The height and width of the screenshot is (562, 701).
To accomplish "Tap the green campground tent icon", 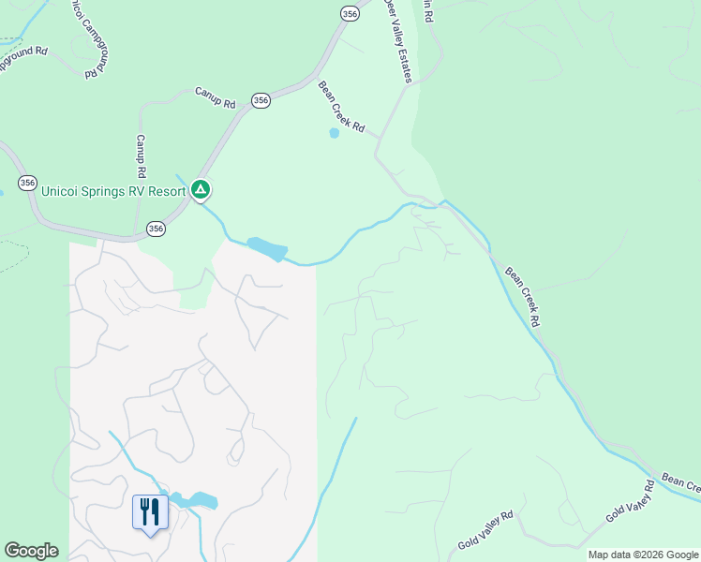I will pyautogui.click(x=200, y=190).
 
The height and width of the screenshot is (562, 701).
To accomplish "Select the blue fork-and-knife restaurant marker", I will pyautogui.click(x=150, y=512).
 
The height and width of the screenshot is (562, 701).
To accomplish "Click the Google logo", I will pyautogui.click(x=31, y=551).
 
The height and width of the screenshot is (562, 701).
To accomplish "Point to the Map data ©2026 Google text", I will pyautogui.click(x=644, y=555).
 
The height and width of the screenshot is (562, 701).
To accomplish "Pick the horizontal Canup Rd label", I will pyautogui.click(x=215, y=96).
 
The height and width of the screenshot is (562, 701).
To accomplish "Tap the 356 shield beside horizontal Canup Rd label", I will pyautogui.click(x=261, y=100).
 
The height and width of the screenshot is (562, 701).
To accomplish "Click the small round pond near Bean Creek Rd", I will pyautogui.click(x=334, y=133).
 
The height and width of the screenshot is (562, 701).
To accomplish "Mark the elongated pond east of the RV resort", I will pyautogui.click(x=267, y=249).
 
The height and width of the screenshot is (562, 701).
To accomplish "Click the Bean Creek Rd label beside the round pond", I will pyautogui.click(x=340, y=108).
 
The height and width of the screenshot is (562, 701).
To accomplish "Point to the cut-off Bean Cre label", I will pyautogui.click(x=681, y=482).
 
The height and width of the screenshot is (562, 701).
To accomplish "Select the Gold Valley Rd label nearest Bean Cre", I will pyautogui.click(x=630, y=502).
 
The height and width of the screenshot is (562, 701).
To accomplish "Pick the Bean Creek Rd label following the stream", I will pyautogui.click(x=523, y=297).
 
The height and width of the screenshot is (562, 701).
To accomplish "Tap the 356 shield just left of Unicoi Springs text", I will pyautogui.click(x=27, y=184).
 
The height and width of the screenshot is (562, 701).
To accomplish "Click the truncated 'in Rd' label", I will pyautogui.click(x=428, y=11).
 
